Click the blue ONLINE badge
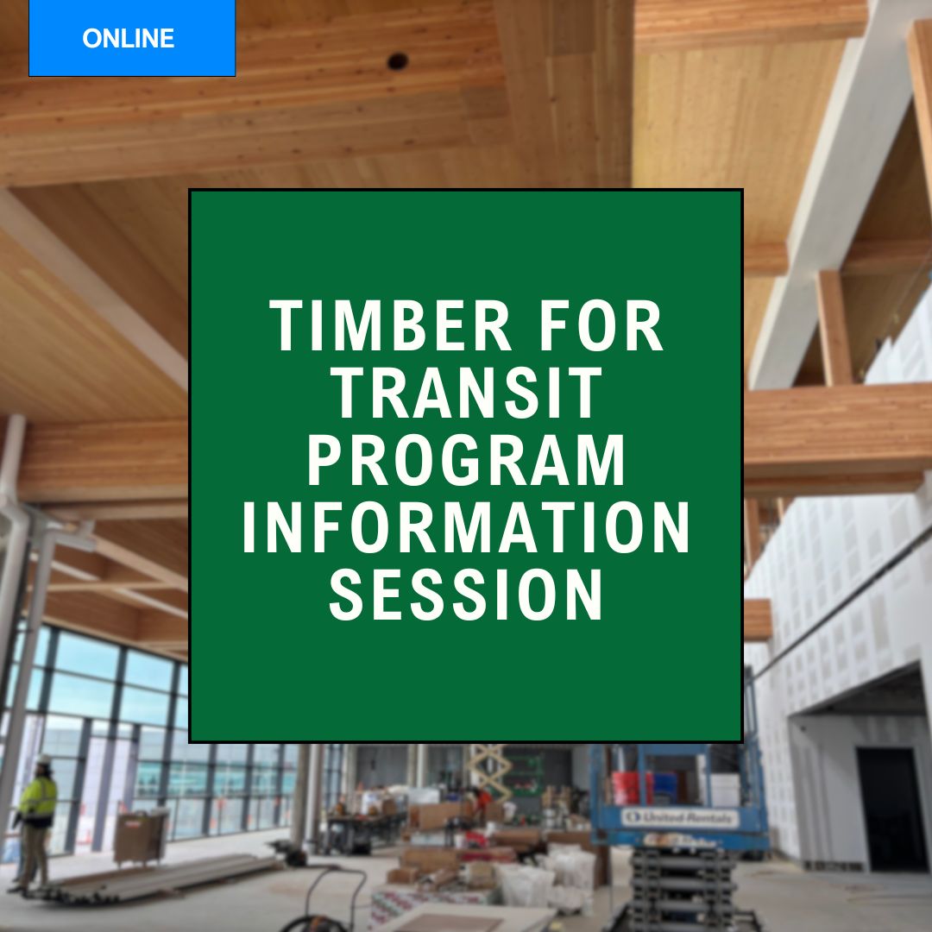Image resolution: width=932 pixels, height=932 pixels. [x=132, y=38]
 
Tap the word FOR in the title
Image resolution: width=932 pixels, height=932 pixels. [x=601, y=325]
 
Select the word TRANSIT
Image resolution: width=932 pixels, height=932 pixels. [x=467, y=393]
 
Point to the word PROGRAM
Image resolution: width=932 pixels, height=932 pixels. [x=467, y=460]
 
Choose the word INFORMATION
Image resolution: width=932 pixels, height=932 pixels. [x=467, y=527]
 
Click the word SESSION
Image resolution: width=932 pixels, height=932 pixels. [x=467, y=595]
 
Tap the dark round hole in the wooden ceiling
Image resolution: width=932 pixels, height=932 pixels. [x=398, y=60]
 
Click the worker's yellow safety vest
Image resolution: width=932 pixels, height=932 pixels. [x=39, y=798]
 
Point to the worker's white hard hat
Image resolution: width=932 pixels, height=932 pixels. [x=43, y=759]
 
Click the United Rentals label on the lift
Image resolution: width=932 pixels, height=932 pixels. [x=679, y=818]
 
